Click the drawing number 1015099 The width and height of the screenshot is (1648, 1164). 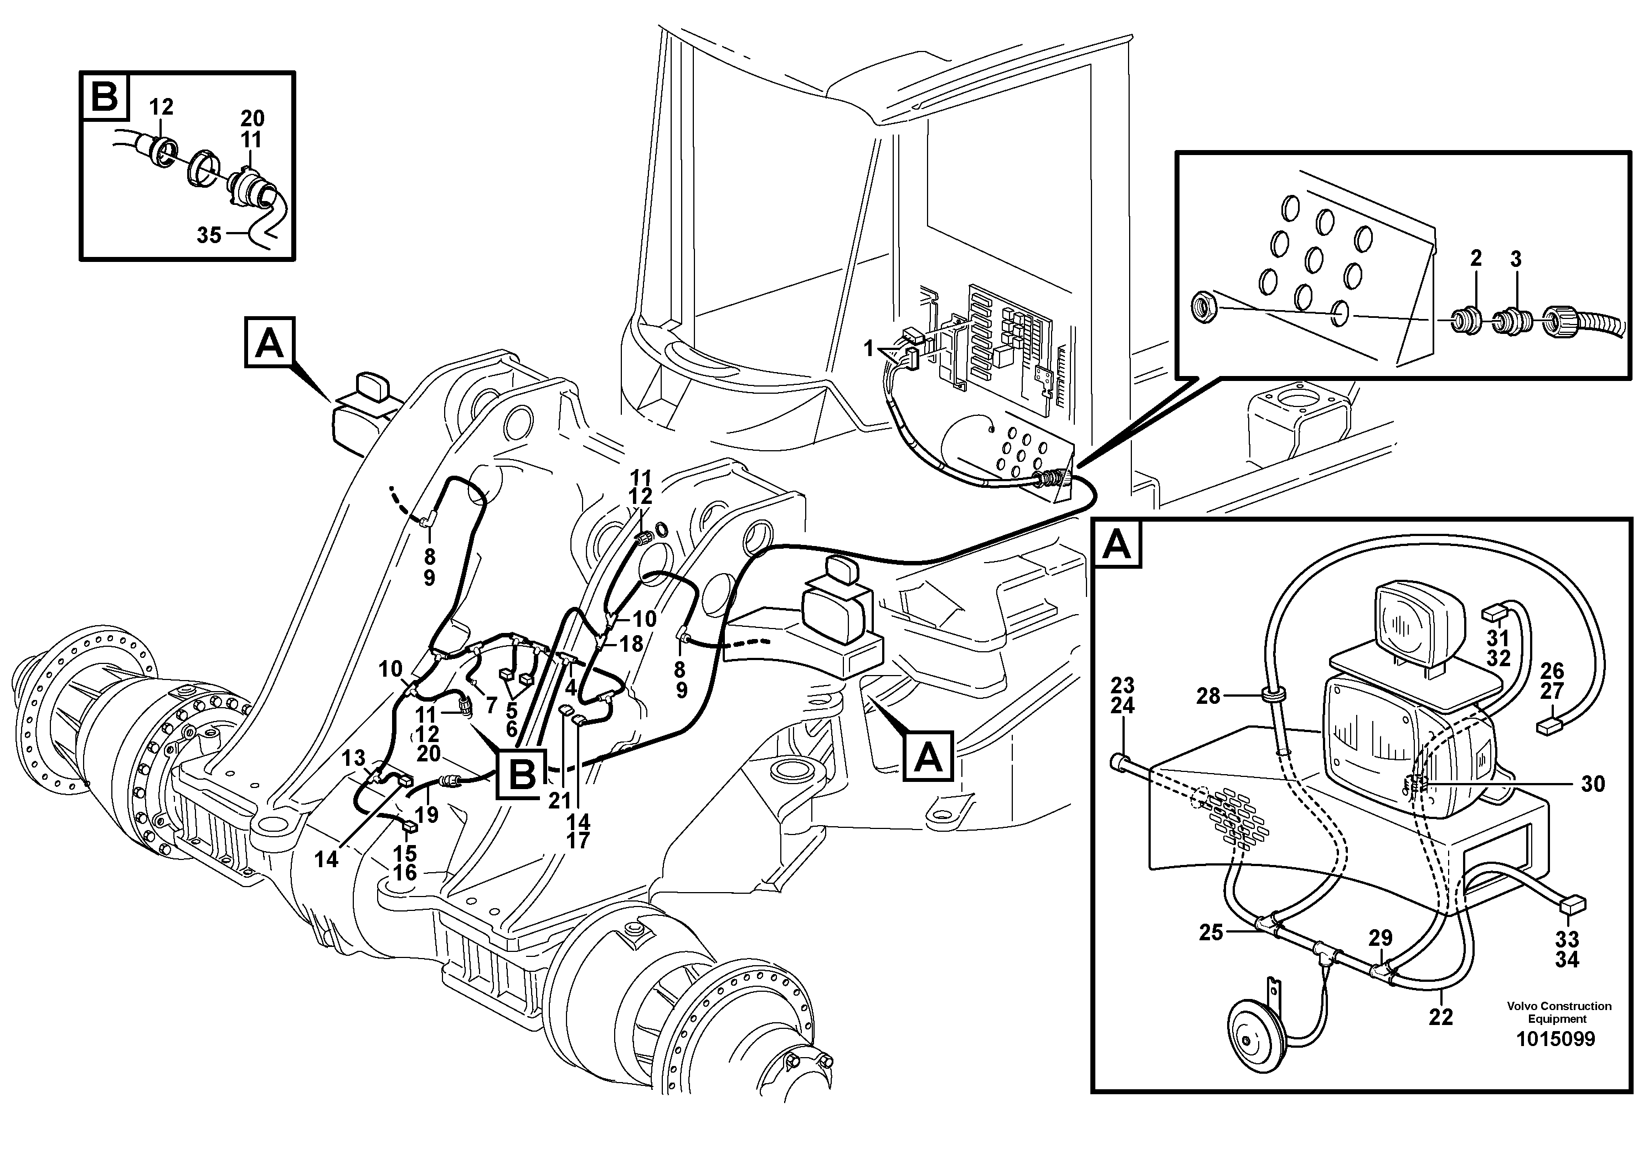(x=1554, y=1039)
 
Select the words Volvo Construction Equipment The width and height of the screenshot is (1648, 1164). (x=1558, y=1013)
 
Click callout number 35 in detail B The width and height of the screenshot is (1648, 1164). (x=209, y=235)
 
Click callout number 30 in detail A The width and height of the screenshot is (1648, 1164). (x=1593, y=784)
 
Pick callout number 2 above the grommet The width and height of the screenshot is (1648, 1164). (x=1476, y=259)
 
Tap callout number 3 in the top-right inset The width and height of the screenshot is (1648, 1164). (x=1516, y=259)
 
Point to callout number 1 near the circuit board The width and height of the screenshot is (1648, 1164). (x=869, y=349)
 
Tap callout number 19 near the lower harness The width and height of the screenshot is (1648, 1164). (x=426, y=815)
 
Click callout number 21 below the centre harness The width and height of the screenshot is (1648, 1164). (x=559, y=800)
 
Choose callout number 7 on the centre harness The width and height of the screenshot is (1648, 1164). (x=491, y=705)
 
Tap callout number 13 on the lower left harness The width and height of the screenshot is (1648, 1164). (x=353, y=758)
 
